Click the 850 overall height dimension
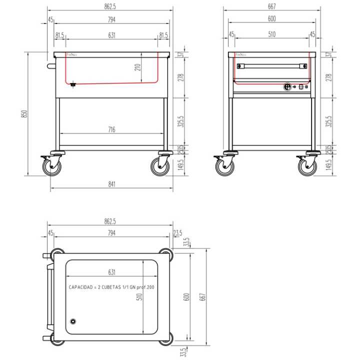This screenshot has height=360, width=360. tap(23, 113)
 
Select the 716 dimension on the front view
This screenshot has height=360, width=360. tap(111, 130)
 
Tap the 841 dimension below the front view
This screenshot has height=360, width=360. tap(112, 184)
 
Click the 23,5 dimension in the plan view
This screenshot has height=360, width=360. tap(177, 233)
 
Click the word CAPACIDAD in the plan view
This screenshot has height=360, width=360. tap(81, 288)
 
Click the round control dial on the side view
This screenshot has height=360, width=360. tap(288, 87)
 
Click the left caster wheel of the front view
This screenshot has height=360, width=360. tap(51, 166)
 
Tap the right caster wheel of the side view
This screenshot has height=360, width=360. tap(307, 166)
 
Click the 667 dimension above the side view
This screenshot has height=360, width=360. tap(272, 6)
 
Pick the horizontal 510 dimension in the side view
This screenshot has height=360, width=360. tap(272, 34)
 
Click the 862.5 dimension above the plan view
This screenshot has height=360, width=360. tap(110, 220)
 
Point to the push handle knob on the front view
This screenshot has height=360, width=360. tap(49, 65)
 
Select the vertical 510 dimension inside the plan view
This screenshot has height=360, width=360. tap(140, 296)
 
